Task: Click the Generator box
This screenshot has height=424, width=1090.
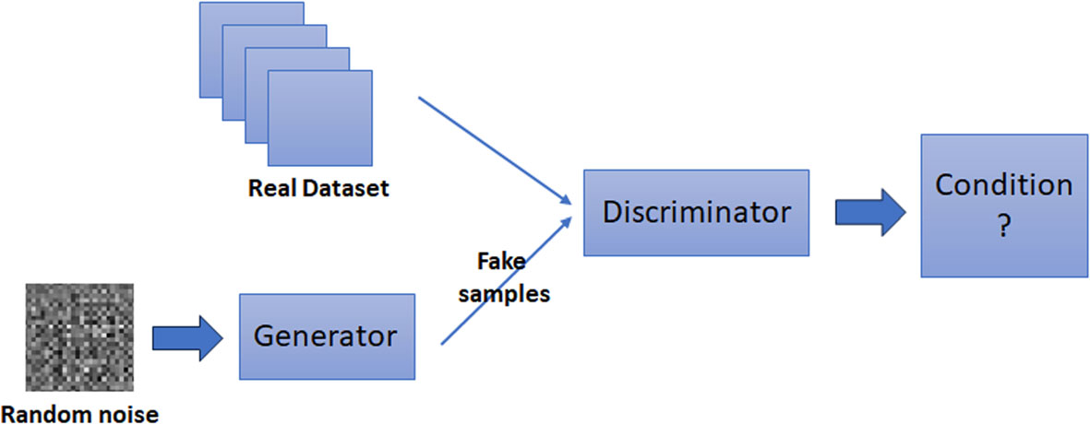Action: (326, 336)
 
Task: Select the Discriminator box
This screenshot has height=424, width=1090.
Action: (696, 213)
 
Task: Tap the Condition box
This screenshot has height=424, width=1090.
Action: (1003, 205)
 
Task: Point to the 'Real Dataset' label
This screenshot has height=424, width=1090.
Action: (318, 190)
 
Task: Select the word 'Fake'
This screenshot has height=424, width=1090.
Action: (501, 261)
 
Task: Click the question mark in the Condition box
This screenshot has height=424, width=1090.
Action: (1003, 227)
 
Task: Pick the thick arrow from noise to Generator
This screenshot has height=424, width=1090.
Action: (186, 336)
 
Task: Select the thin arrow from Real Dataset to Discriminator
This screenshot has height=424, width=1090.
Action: (494, 150)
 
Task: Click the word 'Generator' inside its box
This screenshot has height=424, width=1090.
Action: (326, 336)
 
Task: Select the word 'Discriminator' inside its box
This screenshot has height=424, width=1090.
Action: (696, 213)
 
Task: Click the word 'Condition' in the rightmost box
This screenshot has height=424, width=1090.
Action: (1003, 185)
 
